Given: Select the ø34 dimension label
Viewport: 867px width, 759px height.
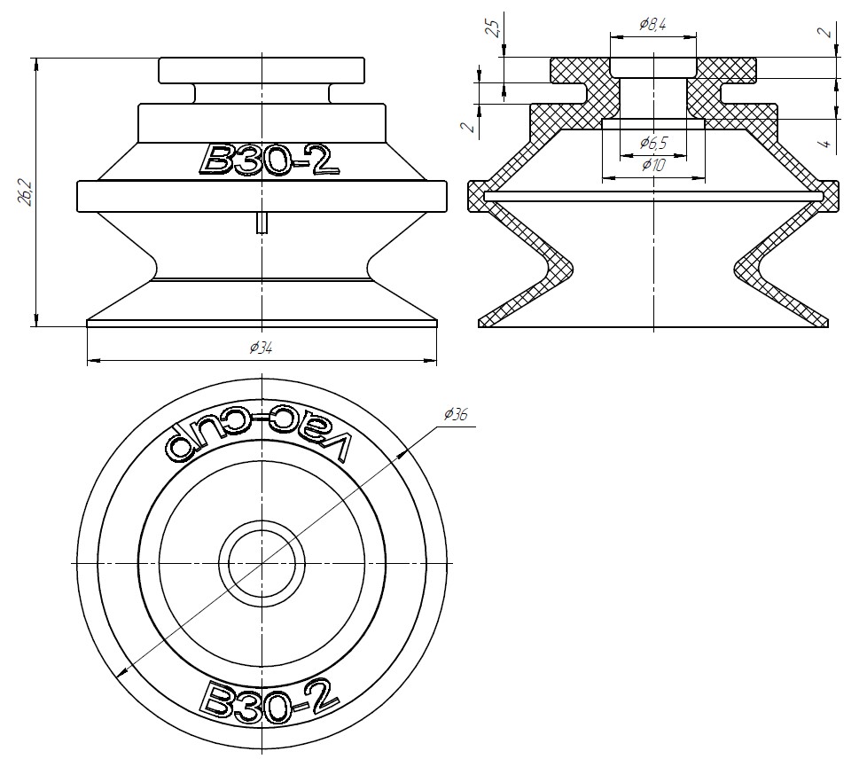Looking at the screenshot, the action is [x=261, y=348].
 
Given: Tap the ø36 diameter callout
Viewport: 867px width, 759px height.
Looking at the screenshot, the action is [x=457, y=414].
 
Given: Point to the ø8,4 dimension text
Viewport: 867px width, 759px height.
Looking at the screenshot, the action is [x=652, y=24].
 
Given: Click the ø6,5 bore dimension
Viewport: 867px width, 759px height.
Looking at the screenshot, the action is [x=653, y=143].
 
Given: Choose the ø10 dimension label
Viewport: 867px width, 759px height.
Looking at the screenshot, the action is [x=653, y=165].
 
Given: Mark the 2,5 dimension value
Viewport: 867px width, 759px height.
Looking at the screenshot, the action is [x=495, y=27].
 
